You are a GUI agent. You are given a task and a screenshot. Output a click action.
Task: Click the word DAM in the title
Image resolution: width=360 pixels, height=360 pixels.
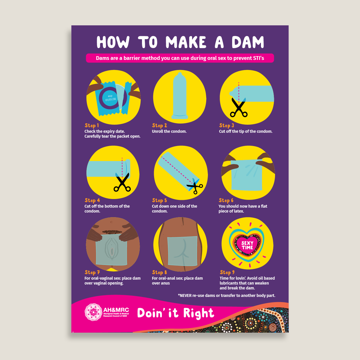(x=248, y=42)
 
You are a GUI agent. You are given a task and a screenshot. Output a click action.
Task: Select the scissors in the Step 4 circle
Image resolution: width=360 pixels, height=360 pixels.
(x=122, y=182)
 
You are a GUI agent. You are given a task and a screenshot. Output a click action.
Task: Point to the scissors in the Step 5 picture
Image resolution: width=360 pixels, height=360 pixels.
(x=195, y=186)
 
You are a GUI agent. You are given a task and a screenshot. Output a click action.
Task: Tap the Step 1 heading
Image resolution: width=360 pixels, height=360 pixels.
(x=92, y=125)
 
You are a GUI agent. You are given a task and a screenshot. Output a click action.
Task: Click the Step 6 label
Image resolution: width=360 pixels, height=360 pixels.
(x=226, y=200)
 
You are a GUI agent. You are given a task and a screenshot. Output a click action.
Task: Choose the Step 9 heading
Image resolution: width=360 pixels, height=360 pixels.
(x=227, y=272)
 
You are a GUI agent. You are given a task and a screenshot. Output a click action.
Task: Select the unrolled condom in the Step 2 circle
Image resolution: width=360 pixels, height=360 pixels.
(x=180, y=96)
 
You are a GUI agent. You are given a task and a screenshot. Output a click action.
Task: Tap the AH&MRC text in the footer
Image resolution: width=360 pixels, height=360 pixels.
(x=116, y=310)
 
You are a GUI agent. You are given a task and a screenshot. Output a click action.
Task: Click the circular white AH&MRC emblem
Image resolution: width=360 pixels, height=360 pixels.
(x=93, y=312)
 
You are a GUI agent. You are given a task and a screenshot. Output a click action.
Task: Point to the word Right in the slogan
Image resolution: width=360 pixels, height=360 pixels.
(x=198, y=313)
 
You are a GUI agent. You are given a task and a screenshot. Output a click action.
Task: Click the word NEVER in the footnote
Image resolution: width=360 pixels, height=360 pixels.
(x=185, y=295)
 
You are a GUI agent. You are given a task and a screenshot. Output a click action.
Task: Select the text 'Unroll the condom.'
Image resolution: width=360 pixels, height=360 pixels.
(x=169, y=131)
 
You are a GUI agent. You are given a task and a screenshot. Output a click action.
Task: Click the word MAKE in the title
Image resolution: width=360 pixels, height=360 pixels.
(x=186, y=42)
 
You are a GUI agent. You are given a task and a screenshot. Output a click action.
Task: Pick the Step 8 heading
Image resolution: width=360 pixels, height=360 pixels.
(x=159, y=272)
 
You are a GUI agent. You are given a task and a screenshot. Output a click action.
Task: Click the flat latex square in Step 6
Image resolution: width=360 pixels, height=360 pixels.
(x=247, y=175)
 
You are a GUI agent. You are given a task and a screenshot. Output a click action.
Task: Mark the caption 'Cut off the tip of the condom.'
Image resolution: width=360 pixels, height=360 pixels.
(x=246, y=131)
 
